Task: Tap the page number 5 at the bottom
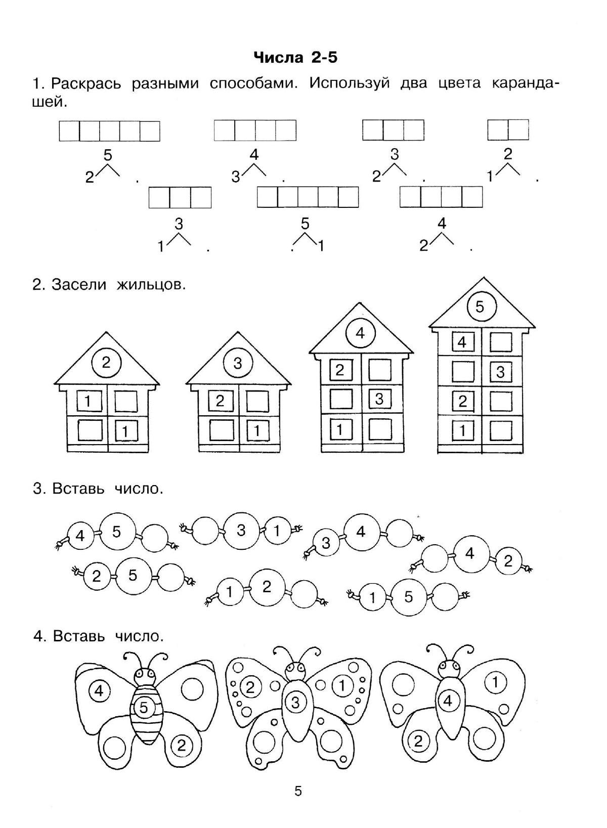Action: click(298, 791)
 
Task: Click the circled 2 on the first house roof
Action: click(106, 362)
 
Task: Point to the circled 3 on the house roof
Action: click(238, 363)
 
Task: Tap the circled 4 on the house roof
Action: click(360, 333)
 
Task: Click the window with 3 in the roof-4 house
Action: click(379, 399)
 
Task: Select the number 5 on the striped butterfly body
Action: click(144, 708)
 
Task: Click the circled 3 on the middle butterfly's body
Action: click(296, 702)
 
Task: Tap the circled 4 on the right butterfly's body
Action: click(448, 701)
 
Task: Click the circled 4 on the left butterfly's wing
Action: click(99, 690)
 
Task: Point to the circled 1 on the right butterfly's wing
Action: click(496, 683)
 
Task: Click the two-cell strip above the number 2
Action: click(508, 130)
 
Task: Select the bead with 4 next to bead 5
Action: click(80, 536)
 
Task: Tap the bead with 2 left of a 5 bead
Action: click(97, 577)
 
